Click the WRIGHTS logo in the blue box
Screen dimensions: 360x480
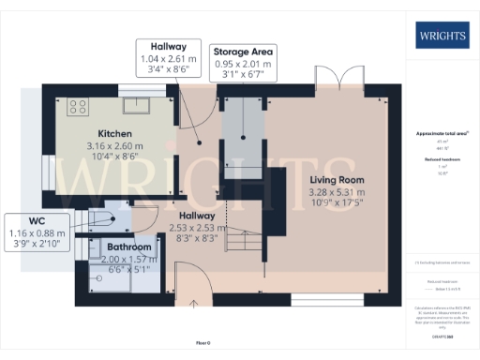coord(442,37)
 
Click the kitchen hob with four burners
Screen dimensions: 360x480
coord(77,106)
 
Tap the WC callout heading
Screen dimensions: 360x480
coord(37,220)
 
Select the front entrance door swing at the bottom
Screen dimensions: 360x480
coord(191,278)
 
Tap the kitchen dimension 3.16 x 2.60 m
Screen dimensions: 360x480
coord(113,147)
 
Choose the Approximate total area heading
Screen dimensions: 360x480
coord(442,134)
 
